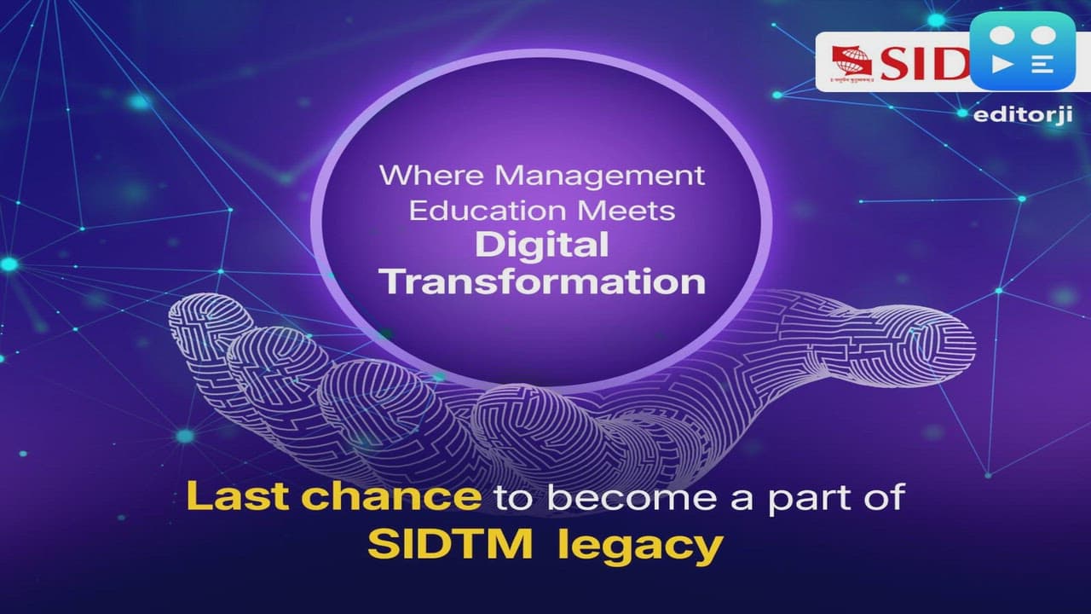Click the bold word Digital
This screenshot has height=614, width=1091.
coord(542,246)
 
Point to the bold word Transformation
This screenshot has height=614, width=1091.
coord(543,281)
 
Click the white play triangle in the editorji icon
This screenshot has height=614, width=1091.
coord(1005,65)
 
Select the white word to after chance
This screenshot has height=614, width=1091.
coord(511,499)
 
